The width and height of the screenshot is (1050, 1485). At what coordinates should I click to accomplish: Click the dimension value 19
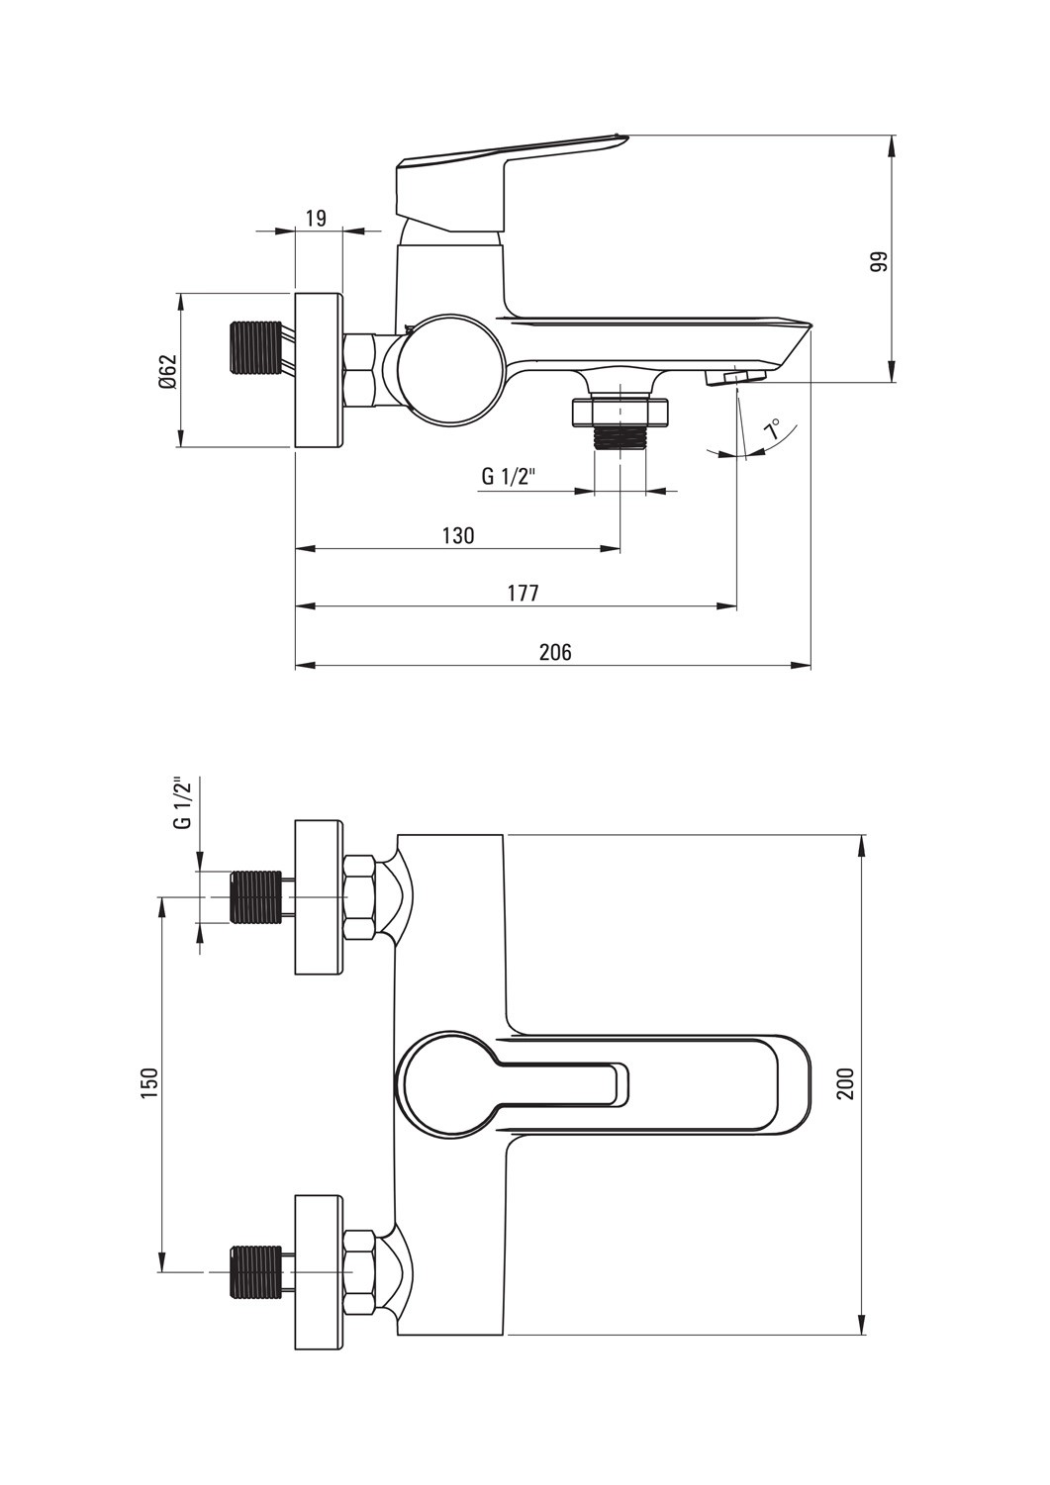[x=317, y=218]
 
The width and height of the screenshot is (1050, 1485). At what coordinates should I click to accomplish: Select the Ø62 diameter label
[x=168, y=373]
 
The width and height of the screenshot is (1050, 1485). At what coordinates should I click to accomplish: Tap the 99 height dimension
[x=879, y=262]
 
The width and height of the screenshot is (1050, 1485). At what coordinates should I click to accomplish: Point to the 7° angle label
[x=774, y=429]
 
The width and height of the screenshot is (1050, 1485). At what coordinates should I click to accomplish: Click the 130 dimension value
[x=458, y=535]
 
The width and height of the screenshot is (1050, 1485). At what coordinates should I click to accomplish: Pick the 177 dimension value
[x=523, y=593]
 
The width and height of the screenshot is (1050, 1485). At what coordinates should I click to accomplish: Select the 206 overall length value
[x=555, y=652]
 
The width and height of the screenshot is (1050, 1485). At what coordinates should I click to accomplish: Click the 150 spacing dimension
[x=148, y=1083]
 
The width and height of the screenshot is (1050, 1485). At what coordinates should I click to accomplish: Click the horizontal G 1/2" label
[x=508, y=477]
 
